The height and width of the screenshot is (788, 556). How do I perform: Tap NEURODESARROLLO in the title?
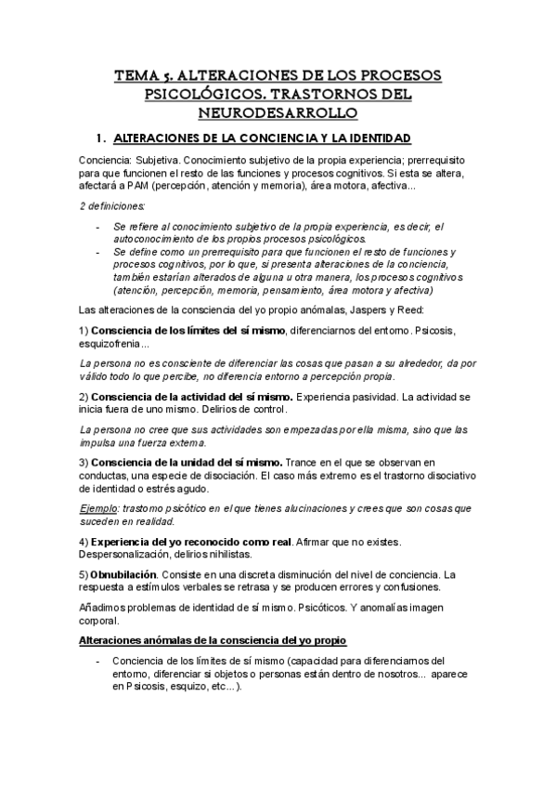click(x=278, y=112)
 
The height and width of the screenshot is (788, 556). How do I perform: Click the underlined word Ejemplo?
click(x=97, y=509)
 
